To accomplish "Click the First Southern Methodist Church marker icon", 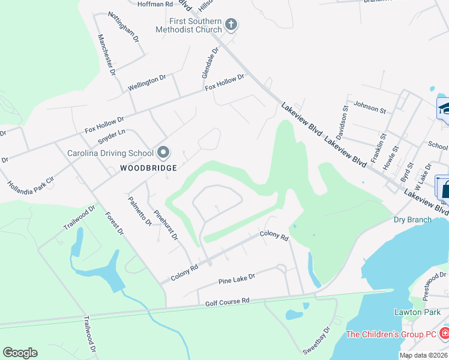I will [231, 25].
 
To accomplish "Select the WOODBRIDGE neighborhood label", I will [148, 168].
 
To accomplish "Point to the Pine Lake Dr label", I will [237, 278].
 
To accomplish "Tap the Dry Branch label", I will [412, 220].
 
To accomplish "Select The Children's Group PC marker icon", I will [444, 333].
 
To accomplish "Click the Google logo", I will [20, 353].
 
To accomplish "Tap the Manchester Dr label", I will [107, 53].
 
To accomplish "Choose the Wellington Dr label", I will [147, 83].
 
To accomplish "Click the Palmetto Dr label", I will [140, 211].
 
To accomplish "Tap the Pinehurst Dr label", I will [166, 224].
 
